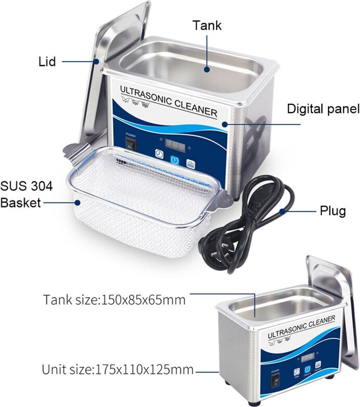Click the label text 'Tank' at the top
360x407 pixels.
tap(207, 25)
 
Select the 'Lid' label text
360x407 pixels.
tap(47, 62)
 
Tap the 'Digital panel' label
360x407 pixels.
tap(323, 109)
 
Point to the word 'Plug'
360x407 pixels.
tap(333, 211)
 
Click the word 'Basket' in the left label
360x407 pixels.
tap(21, 203)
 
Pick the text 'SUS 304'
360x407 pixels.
tap(26, 186)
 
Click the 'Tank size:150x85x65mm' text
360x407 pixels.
tap(114, 299)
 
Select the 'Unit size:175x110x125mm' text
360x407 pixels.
tap(118, 370)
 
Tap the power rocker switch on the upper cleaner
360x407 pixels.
tap(131, 145)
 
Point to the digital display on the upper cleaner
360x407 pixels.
tap(174, 145)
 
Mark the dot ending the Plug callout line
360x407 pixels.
tap(282, 211)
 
